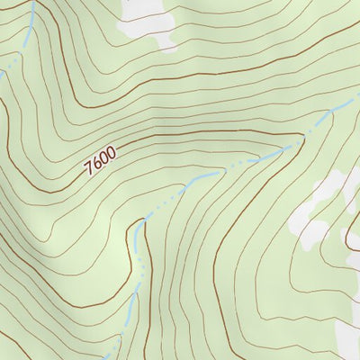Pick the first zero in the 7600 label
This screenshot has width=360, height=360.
pos(104,160)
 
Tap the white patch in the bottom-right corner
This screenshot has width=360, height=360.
pos(346,337)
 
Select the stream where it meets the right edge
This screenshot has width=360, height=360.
pos(355,97)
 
